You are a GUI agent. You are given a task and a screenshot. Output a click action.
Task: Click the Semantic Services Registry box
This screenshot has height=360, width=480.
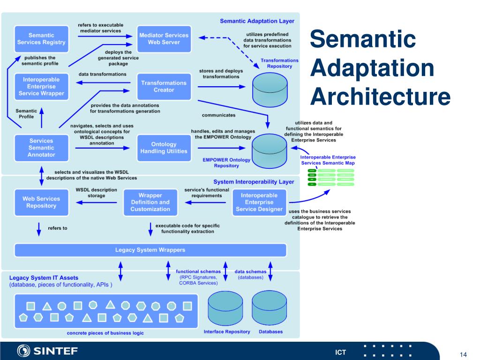point(41,39)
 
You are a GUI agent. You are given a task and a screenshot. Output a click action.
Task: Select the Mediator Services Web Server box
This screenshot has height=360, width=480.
point(164,39)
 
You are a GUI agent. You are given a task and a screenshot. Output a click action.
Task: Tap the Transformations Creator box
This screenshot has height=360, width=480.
point(164,86)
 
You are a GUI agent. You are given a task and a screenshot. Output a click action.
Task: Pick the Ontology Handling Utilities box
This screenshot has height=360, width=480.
point(164,148)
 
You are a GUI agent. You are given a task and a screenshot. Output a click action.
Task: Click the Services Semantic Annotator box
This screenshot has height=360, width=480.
point(41,148)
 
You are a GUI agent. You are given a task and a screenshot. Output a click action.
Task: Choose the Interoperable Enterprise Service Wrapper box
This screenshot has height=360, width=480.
point(41,86)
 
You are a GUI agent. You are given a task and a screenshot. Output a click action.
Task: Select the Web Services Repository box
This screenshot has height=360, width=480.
point(41,202)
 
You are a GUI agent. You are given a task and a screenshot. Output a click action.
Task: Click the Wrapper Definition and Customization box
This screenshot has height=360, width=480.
point(150,202)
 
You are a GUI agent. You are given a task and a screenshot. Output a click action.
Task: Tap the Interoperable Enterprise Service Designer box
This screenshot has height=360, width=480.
point(258,202)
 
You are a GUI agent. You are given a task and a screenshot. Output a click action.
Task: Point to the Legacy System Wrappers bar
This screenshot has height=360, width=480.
point(150,250)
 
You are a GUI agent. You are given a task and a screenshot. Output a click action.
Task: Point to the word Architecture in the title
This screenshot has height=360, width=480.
point(381,97)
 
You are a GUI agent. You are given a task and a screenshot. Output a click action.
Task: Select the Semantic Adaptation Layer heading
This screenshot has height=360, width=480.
point(257,21)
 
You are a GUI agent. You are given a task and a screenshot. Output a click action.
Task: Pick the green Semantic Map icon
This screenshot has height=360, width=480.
point(330,177)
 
